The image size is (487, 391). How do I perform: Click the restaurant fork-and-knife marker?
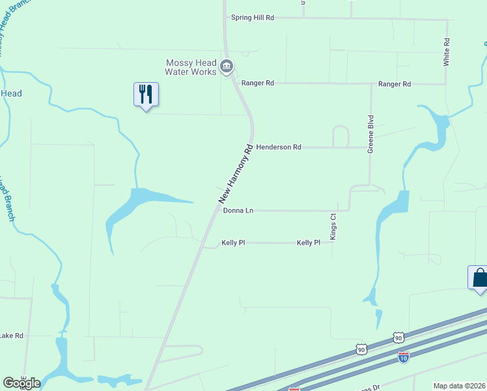tap(146, 94)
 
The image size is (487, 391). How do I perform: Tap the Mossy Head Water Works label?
tap(190, 67)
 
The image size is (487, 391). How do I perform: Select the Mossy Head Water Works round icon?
tap(226, 65)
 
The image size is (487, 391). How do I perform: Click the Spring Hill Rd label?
tap(252, 18)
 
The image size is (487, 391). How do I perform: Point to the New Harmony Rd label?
tap(235, 173)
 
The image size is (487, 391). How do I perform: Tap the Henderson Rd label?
tap(278, 147)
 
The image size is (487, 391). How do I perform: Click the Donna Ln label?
tap(238, 210)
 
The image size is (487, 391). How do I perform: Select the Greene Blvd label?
tap(370, 134)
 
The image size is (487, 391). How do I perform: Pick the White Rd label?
tap(447, 50)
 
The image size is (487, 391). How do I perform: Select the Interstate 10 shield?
tap(404, 357)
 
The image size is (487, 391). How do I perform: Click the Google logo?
tap(21, 383)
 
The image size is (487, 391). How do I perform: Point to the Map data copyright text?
tap(460, 386)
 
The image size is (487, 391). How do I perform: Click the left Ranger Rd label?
tap(258, 83)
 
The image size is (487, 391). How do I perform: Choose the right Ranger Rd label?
tap(395, 84)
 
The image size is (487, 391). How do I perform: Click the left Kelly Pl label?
tap(233, 242)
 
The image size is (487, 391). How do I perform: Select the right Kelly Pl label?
tap(309, 242)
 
